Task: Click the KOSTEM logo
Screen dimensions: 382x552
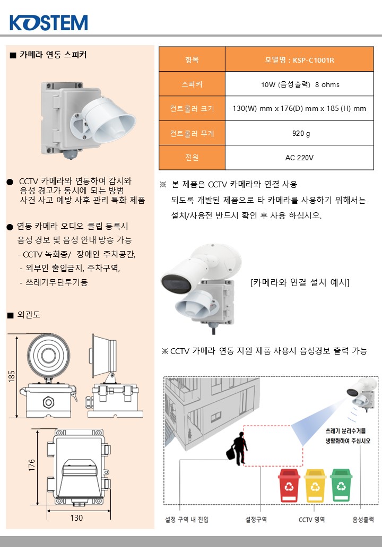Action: click(x=48, y=22)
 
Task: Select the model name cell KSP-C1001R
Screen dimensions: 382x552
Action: click(x=299, y=59)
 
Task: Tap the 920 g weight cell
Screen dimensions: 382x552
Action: click(x=299, y=133)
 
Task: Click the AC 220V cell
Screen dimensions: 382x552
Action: click(x=299, y=158)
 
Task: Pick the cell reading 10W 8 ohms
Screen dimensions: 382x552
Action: click(x=299, y=84)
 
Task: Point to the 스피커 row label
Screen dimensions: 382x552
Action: click(x=192, y=84)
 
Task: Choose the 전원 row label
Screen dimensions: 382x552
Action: click(x=192, y=158)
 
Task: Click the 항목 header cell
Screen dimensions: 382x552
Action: click(x=192, y=59)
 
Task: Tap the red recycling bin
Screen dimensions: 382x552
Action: click(x=289, y=485)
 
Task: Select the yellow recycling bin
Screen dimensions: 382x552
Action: click(x=315, y=485)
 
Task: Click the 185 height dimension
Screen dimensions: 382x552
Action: click(x=12, y=376)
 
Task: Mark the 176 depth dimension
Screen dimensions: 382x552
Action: click(x=32, y=465)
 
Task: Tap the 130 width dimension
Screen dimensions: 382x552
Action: click(x=76, y=518)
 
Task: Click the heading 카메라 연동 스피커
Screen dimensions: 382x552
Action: click(x=53, y=55)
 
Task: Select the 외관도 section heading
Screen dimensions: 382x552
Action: click(x=29, y=315)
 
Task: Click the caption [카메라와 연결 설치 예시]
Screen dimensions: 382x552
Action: click(x=300, y=282)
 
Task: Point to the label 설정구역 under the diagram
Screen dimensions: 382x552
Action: click(x=256, y=520)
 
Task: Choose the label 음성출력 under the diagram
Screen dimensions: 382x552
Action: click(x=363, y=520)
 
